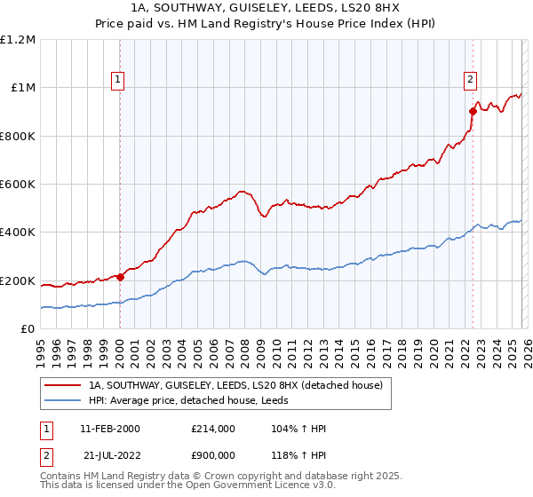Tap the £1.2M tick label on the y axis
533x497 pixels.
18,40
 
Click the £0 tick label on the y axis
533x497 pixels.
28,329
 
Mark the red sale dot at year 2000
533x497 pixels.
121,277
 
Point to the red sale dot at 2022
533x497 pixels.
473,111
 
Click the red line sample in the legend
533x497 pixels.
63,385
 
